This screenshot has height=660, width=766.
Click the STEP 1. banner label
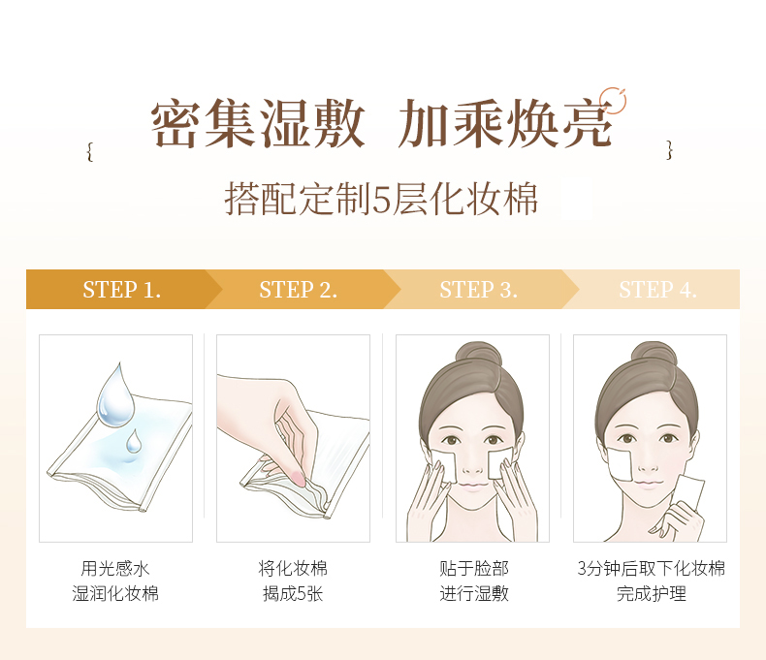pyautogui.click(x=121, y=290)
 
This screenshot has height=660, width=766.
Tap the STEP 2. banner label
pyautogui.click(x=298, y=290)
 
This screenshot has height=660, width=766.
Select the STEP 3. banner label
pyautogui.click(x=478, y=290)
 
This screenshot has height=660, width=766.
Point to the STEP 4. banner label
pyautogui.click(x=657, y=290)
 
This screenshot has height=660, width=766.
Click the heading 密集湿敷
pyautogui.click(x=258, y=123)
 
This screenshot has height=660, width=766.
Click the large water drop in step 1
pyautogui.click(x=115, y=392)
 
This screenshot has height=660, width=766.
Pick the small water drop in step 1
pyautogui.click(x=133, y=442)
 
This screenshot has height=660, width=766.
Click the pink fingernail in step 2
pyautogui.click(x=297, y=478)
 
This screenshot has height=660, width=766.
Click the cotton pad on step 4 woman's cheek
pyautogui.click(x=619, y=460)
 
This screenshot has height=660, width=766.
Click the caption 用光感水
pyautogui.click(x=115, y=569)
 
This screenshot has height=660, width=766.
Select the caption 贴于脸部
pyautogui.click(x=473, y=569)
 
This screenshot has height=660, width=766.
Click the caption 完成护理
pyautogui.click(x=651, y=593)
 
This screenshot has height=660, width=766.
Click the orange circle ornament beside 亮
pyautogui.click(x=612, y=100)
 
